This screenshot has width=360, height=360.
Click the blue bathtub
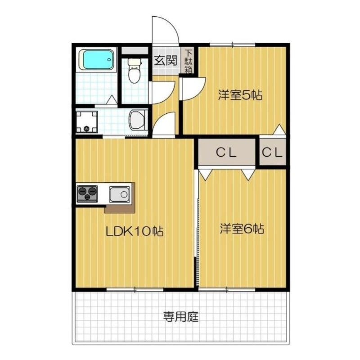click(96, 60)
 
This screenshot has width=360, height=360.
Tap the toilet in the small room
click(134, 72)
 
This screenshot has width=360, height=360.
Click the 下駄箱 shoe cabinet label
click(189, 61)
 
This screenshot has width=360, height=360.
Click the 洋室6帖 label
click(242, 229)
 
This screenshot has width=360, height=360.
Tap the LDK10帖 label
click(134, 232)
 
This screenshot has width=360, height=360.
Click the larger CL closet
click(226, 153)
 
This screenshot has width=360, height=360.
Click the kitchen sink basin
click(119, 194)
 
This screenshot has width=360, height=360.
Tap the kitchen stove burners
click(87, 194)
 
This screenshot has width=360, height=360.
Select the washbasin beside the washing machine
click(137, 121)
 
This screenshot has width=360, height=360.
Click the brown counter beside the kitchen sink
click(120, 209)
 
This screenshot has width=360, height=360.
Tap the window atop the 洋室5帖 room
click(232, 44)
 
